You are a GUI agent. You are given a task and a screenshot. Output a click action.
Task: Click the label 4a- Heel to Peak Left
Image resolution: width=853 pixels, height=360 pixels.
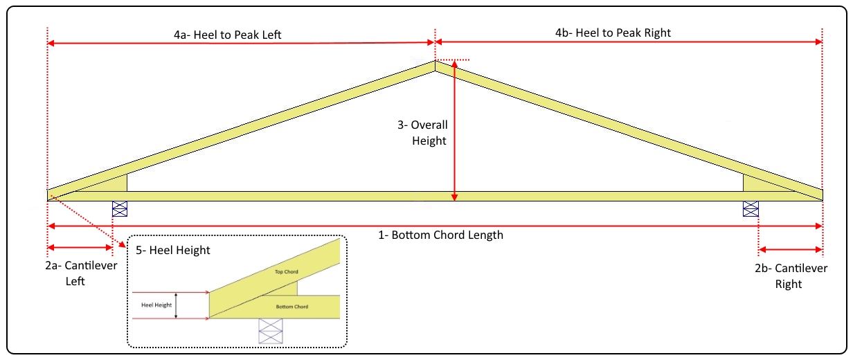pos(227,34)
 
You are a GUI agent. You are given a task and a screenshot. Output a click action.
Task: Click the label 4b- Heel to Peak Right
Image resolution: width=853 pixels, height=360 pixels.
pos(613,33)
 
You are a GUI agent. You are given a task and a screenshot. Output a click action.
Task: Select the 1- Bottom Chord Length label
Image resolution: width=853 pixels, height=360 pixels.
pos(440,235)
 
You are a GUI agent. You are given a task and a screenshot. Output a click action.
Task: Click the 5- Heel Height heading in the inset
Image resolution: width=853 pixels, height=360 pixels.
pos(174,251)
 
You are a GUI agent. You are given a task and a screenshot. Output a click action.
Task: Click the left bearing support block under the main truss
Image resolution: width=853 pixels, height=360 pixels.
pos(120,208)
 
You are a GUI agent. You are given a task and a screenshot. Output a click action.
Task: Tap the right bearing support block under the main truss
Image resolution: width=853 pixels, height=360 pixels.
pos(751,208)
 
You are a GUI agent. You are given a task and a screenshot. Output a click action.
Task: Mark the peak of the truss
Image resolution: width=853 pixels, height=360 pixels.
pos(435,62)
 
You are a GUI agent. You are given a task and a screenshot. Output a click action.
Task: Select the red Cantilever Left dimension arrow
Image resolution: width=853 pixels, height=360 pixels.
pos(80,247)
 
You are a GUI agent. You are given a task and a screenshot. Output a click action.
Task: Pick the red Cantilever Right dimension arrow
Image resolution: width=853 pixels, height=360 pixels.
pos(790,249)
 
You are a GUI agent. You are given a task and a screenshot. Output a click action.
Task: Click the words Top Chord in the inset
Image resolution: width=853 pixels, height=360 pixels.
pos(286,272)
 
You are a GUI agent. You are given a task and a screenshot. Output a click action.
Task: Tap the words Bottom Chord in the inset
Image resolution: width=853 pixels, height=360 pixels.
pos(291,306)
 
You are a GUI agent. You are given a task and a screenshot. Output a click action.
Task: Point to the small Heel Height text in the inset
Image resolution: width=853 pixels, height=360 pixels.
pos(155,305)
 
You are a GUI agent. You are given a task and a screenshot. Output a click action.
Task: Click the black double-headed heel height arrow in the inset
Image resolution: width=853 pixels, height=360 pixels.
pos(177,305)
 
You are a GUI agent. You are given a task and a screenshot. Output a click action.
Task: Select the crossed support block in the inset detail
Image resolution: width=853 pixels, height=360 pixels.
pos(270,330)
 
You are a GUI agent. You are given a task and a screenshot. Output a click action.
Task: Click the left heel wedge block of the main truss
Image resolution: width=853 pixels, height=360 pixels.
pos(118,184)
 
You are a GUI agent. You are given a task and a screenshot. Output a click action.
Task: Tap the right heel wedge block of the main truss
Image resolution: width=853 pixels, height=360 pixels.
pos(751,183)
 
